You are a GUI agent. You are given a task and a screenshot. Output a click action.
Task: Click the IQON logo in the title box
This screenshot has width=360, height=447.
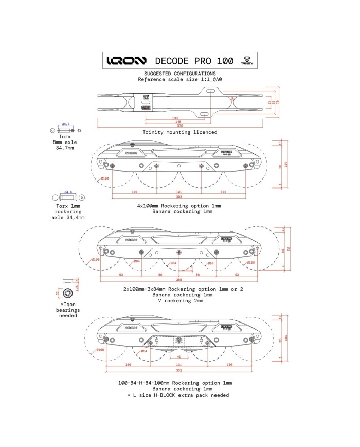point(126,60)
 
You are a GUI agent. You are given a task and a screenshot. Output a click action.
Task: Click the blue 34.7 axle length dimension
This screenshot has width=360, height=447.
point(65,124)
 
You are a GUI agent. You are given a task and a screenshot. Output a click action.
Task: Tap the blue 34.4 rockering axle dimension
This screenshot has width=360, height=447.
point(66,192)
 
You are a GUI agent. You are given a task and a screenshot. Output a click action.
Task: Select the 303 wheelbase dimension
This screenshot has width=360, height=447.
point(179,198)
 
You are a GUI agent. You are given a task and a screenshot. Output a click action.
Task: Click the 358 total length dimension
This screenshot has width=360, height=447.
point(179,280)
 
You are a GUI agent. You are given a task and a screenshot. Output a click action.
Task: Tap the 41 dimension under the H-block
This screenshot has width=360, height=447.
point(178,356)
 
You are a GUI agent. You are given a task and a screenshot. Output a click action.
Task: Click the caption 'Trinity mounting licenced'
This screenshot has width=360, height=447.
point(179,132)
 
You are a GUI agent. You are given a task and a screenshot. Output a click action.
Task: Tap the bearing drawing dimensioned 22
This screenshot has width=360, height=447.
point(67,293)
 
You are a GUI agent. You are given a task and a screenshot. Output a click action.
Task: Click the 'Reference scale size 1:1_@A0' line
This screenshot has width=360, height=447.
point(179,80)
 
